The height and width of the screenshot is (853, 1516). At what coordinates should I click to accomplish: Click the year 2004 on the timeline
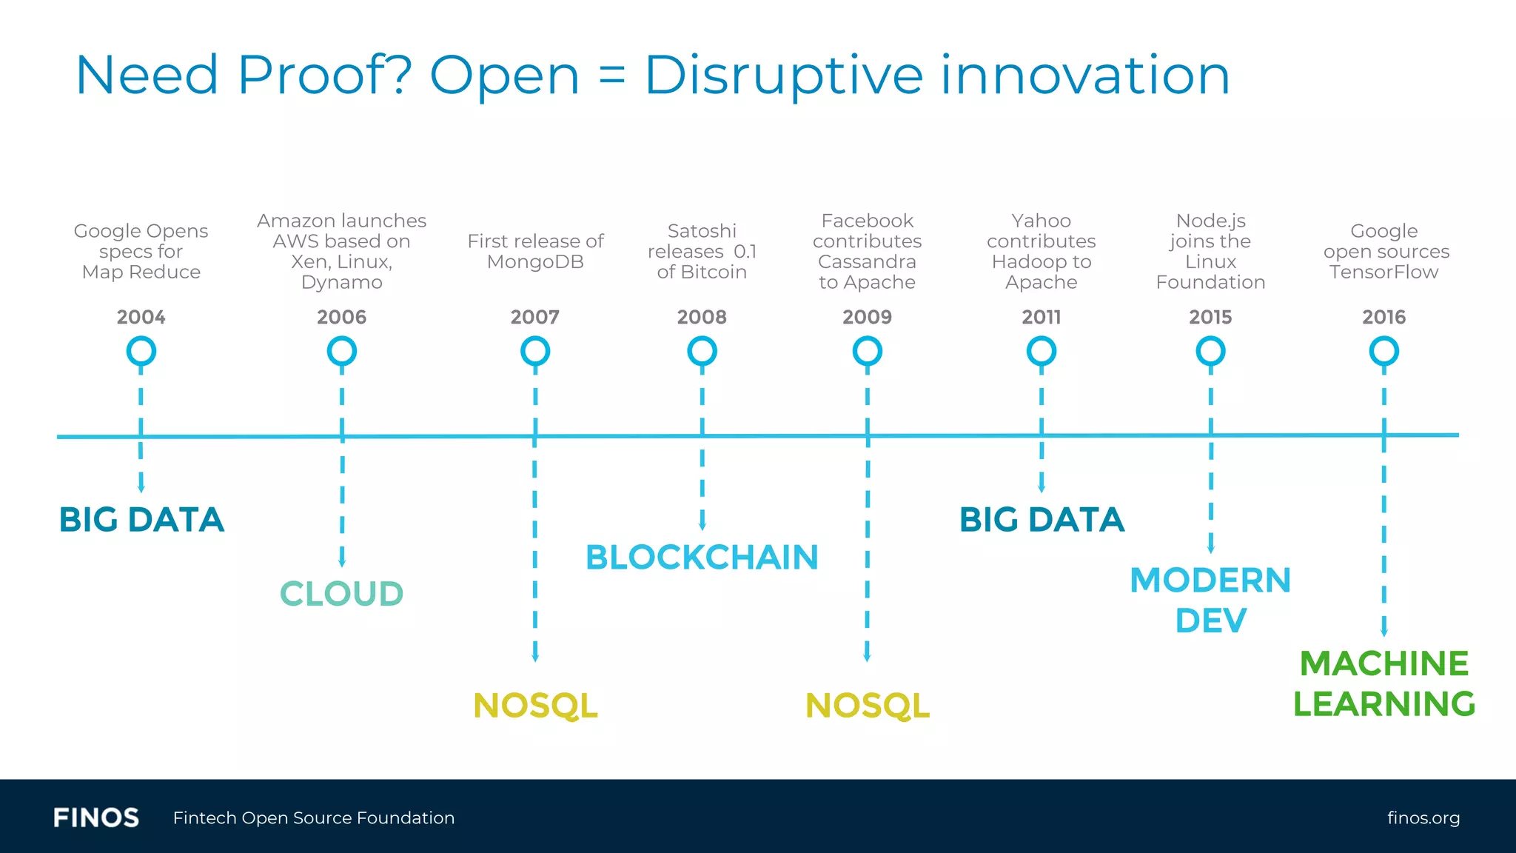click(141, 317)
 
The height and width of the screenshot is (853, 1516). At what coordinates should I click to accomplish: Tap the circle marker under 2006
click(341, 351)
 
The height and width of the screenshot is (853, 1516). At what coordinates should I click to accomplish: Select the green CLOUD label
click(341, 593)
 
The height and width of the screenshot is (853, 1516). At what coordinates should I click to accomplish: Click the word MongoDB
click(535, 262)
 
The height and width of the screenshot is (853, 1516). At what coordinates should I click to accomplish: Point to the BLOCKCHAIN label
click(701, 557)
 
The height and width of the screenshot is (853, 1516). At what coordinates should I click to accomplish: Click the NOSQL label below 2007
click(535, 705)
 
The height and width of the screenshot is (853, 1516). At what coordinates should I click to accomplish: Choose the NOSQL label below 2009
click(867, 705)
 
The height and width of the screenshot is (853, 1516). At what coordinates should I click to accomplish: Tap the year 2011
click(1041, 317)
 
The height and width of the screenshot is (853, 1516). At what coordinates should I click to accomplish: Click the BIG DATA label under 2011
click(1041, 519)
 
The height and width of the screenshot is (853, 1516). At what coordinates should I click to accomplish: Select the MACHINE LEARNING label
click(1383, 683)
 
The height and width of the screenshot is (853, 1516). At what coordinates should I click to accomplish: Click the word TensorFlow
click(1383, 272)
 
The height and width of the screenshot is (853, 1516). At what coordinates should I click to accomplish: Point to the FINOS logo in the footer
click(96, 817)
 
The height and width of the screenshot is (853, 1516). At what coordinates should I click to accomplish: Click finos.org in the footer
click(1423, 817)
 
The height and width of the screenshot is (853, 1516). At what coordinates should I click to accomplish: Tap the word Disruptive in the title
click(784, 76)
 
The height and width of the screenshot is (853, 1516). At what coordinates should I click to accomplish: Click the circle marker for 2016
click(1383, 351)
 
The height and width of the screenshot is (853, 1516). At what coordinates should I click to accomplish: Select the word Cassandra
click(867, 262)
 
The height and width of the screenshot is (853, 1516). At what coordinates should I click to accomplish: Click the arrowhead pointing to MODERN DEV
click(1211, 549)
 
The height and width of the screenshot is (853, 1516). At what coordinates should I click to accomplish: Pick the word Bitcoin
click(713, 272)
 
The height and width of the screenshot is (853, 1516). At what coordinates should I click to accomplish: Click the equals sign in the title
click(611, 76)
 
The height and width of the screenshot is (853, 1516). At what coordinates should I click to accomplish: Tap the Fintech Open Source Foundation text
click(314, 817)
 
